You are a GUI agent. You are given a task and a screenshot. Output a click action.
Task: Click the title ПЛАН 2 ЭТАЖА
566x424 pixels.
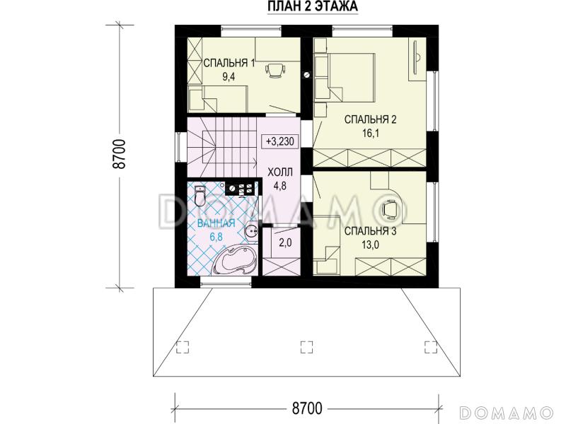tap(313, 6)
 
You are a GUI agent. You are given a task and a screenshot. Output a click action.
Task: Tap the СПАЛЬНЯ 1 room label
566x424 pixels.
tap(229, 63)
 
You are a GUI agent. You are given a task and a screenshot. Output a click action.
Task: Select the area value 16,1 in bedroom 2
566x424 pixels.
tap(371, 134)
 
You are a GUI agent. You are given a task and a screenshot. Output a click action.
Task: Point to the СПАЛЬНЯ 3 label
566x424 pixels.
tap(370, 231)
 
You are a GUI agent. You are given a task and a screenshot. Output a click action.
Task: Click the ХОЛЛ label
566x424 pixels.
tap(279, 172)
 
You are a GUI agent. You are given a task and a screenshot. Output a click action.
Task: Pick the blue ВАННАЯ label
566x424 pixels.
tap(216, 223)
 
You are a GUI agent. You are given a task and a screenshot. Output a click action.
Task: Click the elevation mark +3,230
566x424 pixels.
tap(279, 141)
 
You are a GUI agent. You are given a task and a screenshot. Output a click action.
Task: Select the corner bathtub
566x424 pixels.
tap(234, 259)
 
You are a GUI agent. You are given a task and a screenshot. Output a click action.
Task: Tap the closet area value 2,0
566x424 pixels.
tap(285, 242)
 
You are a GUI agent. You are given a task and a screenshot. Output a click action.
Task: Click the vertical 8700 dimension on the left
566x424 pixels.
tap(120, 154)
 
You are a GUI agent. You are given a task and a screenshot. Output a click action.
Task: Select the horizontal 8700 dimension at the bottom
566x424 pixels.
tap(306, 408)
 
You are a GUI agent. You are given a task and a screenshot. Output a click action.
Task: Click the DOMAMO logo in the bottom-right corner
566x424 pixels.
tap(507, 412)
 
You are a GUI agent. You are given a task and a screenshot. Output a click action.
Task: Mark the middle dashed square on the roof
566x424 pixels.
tap(306, 346)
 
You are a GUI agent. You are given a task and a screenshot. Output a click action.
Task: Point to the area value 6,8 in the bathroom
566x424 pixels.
tap(216, 237)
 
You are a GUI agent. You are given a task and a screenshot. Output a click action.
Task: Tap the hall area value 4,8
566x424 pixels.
tap(279, 186)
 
